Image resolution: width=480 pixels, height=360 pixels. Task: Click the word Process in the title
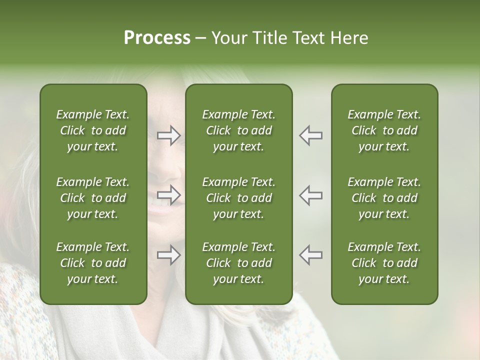(157, 38)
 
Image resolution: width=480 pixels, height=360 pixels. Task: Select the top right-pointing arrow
(168, 135)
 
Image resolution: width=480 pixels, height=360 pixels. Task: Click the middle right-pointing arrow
(168, 195)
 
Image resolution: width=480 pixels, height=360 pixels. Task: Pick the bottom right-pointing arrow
(168, 255)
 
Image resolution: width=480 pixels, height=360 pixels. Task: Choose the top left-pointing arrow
(311, 135)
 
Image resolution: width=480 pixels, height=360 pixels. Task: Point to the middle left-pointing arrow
(311, 195)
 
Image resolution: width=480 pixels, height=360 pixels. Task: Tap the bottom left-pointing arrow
(311, 255)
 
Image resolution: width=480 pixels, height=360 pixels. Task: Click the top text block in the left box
(93, 130)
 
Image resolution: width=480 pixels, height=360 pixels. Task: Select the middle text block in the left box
(93, 198)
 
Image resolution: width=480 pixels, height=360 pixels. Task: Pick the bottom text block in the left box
(93, 263)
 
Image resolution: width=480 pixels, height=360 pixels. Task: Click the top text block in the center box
(238, 130)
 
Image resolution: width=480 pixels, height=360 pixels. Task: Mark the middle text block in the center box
(238, 198)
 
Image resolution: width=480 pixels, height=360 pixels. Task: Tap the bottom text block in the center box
(238, 263)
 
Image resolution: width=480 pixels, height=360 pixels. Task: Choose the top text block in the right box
(384, 130)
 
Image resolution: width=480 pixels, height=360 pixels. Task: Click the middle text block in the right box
(384, 198)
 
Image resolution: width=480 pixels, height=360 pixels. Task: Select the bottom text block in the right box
(384, 263)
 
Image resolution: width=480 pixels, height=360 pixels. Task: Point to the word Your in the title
(228, 38)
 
